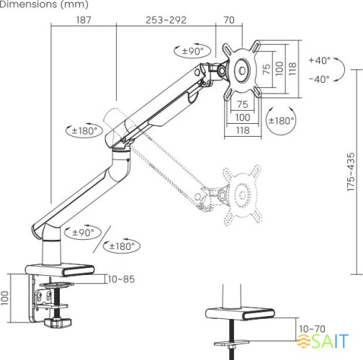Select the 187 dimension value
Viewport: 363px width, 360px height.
tap(83, 19)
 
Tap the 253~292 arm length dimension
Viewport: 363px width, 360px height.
tap(166, 19)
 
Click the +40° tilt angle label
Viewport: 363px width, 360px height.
tap(319, 61)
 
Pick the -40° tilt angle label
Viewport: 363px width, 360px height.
tap(319, 78)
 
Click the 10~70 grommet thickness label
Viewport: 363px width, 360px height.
tap(312, 328)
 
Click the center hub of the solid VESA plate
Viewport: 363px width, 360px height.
tap(241, 70)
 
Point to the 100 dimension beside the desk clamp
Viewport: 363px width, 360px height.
tap(6, 297)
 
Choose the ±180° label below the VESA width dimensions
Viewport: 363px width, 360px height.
tap(281, 120)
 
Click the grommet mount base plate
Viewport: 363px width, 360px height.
tap(238, 315)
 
